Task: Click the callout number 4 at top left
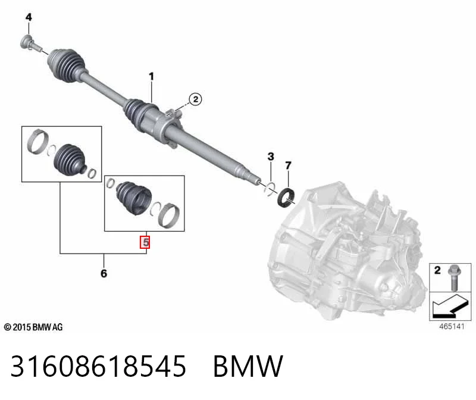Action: tap(29, 17)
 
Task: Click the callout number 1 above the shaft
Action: tap(151, 76)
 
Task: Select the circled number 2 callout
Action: tap(195, 99)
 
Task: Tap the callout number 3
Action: tap(271, 157)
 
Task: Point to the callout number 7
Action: tap(288, 165)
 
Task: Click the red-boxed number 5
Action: tap(145, 242)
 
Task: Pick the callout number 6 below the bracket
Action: tap(104, 273)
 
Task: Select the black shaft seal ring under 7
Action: tap(286, 198)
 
